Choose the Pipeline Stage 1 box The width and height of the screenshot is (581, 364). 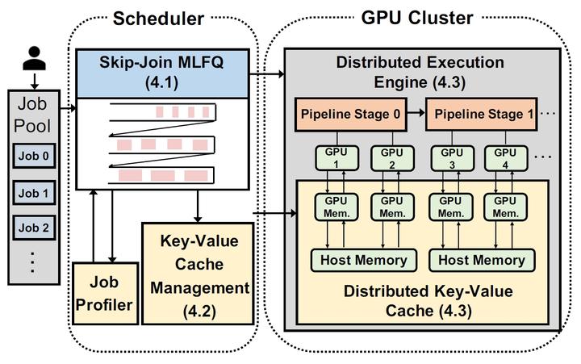click(x=479, y=114)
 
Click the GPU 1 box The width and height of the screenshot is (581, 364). click(x=331, y=157)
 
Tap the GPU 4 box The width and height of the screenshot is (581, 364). click(x=505, y=157)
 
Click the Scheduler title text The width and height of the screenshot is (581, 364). click(x=159, y=17)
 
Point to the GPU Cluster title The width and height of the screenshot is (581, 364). click(x=416, y=17)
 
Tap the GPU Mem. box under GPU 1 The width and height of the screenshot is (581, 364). click(x=331, y=206)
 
